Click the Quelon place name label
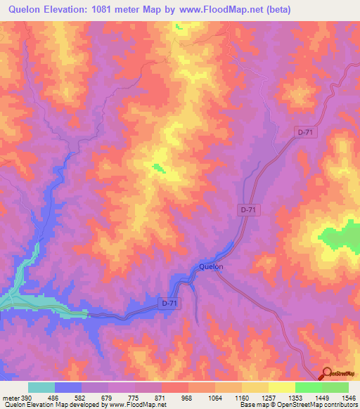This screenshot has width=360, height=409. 211,266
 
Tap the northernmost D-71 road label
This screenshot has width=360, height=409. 304,131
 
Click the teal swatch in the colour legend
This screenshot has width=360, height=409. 41,387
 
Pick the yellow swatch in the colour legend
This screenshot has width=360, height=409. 281,387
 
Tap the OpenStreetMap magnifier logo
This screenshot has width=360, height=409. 326,374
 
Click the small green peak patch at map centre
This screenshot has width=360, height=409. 158,167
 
